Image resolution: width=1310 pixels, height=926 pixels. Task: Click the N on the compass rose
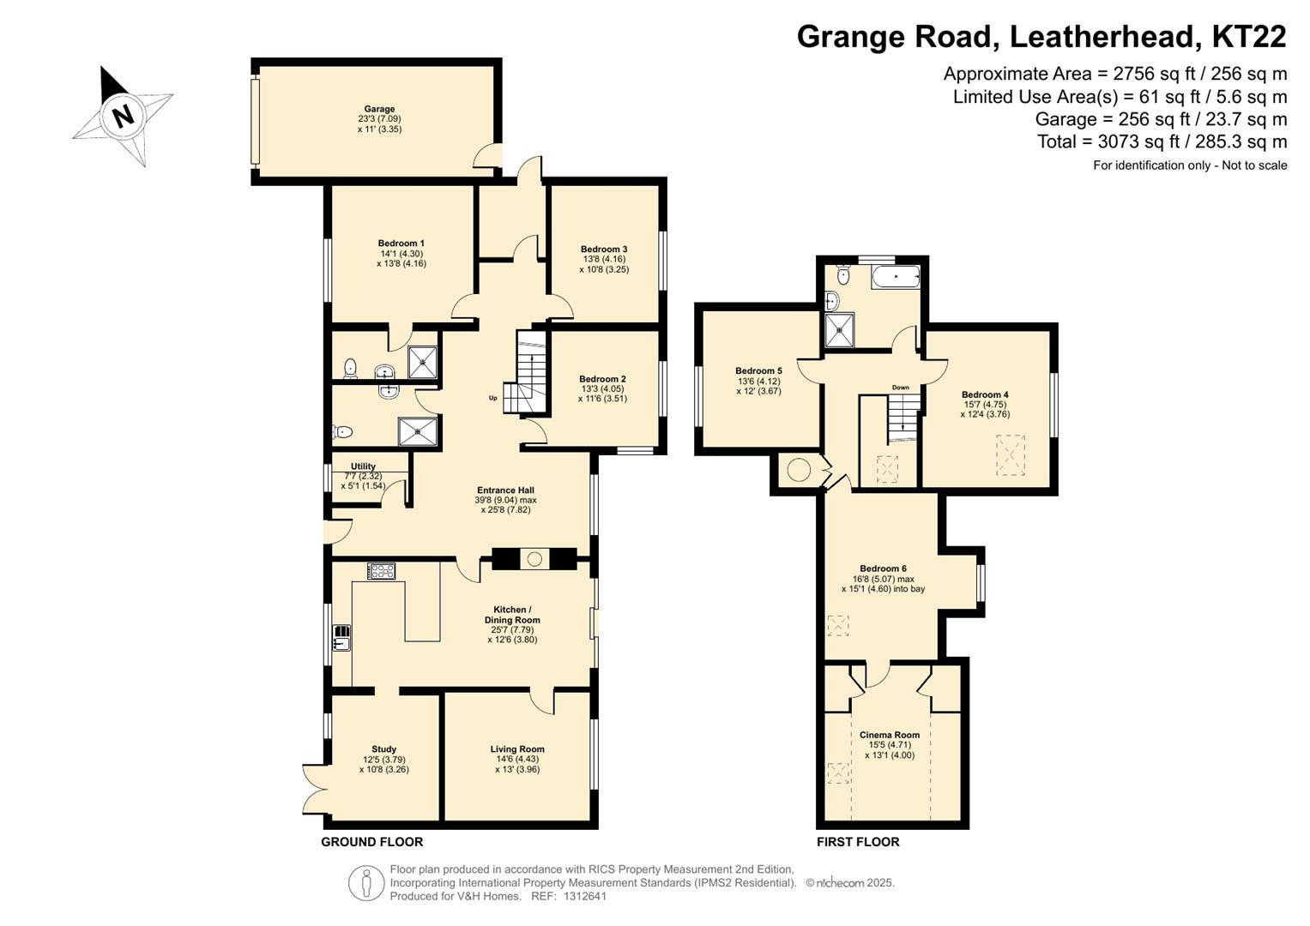click(x=122, y=116)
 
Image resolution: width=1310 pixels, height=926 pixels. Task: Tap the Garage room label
click(x=379, y=109)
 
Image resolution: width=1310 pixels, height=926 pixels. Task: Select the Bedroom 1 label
click(x=401, y=244)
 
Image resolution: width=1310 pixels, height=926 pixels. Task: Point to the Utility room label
click(x=363, y=466)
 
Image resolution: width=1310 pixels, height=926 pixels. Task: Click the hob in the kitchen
click(x=381, y=570)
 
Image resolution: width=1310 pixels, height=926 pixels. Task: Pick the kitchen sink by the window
click(x=341, y=638)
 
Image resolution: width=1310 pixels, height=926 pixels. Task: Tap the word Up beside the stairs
click(x=493, y=398)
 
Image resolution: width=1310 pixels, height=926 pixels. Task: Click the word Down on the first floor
click(x=901, y=388)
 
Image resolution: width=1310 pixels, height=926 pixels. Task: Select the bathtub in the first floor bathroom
click(x=896, y=277)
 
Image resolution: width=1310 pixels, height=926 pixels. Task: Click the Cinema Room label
click(x=890, y=735)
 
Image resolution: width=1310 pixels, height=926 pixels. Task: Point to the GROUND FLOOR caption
click(x=372, y=842)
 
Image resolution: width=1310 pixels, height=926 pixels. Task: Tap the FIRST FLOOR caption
click(x=858, y=842)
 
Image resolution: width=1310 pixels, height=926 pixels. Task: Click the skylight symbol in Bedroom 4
click(x=1011, y=454)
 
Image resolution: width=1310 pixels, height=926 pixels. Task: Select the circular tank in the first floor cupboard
click(x=799, y=470)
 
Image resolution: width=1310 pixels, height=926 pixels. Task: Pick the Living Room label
click(x=517, y=749)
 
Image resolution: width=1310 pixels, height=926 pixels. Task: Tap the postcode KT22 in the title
click(x=1248, y=36)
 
